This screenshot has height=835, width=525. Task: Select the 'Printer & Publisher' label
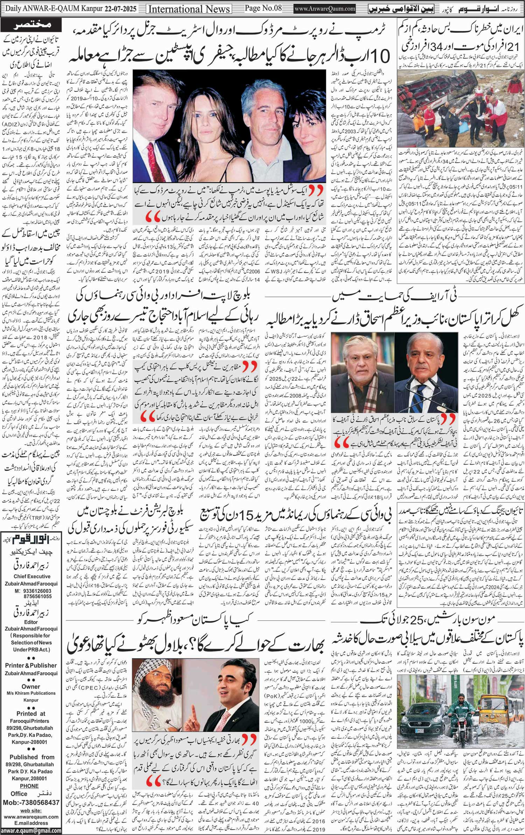(31, 665)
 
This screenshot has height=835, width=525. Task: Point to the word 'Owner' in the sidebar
(31, 687)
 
